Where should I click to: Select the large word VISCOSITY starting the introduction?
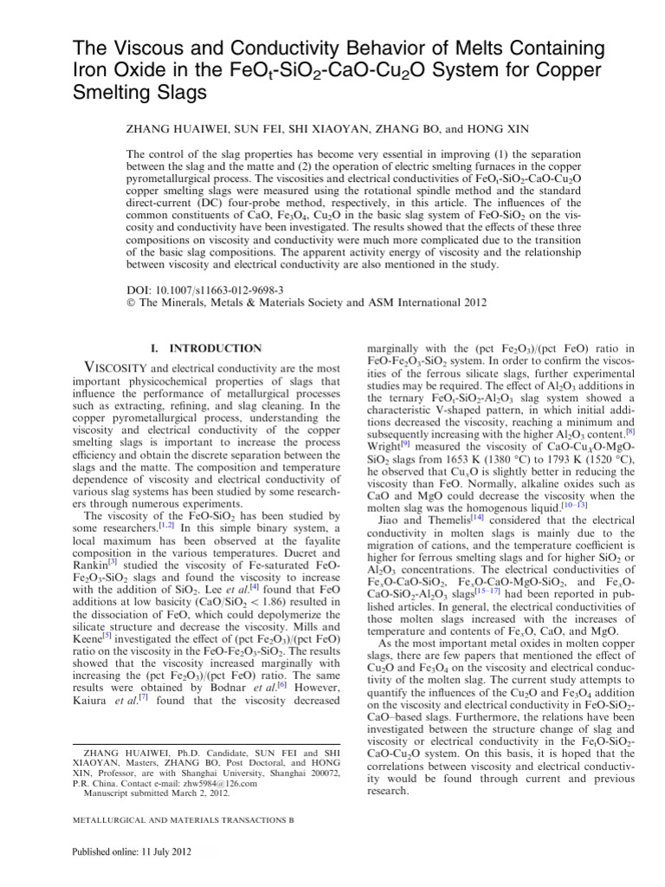pos(98,368)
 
